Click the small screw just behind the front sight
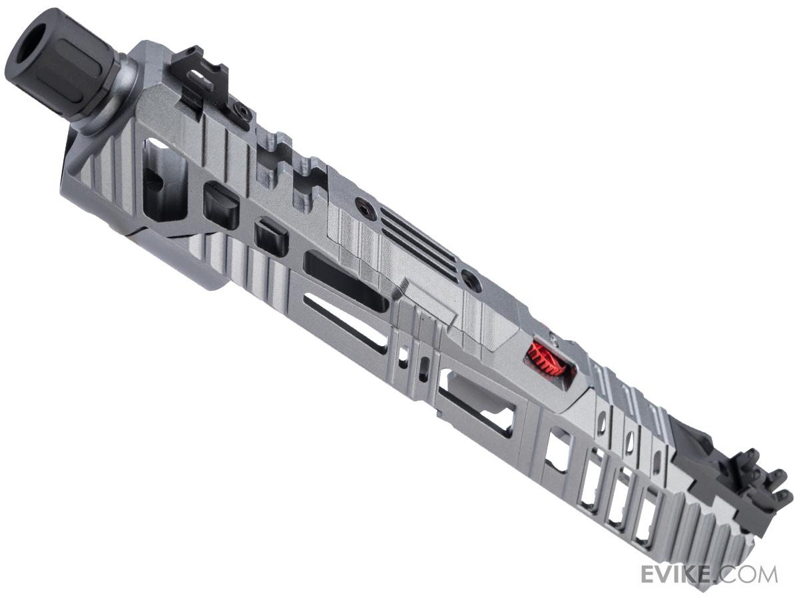(240, 107)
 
